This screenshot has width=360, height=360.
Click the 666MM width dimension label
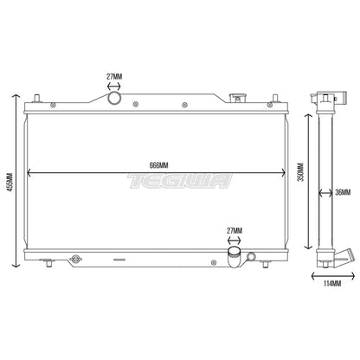pos(158,165)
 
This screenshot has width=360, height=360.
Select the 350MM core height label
pos(300,172)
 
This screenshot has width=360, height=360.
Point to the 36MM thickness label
pos(343,192)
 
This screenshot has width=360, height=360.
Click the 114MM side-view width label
pos(332,283)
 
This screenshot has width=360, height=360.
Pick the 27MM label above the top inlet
pos(114,77)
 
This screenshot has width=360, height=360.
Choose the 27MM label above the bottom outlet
pos(235,231)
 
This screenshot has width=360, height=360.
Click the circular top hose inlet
pos(114,98)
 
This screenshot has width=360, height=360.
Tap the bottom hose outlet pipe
pos(235,256)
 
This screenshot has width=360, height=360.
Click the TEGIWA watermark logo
pos(180,181)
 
